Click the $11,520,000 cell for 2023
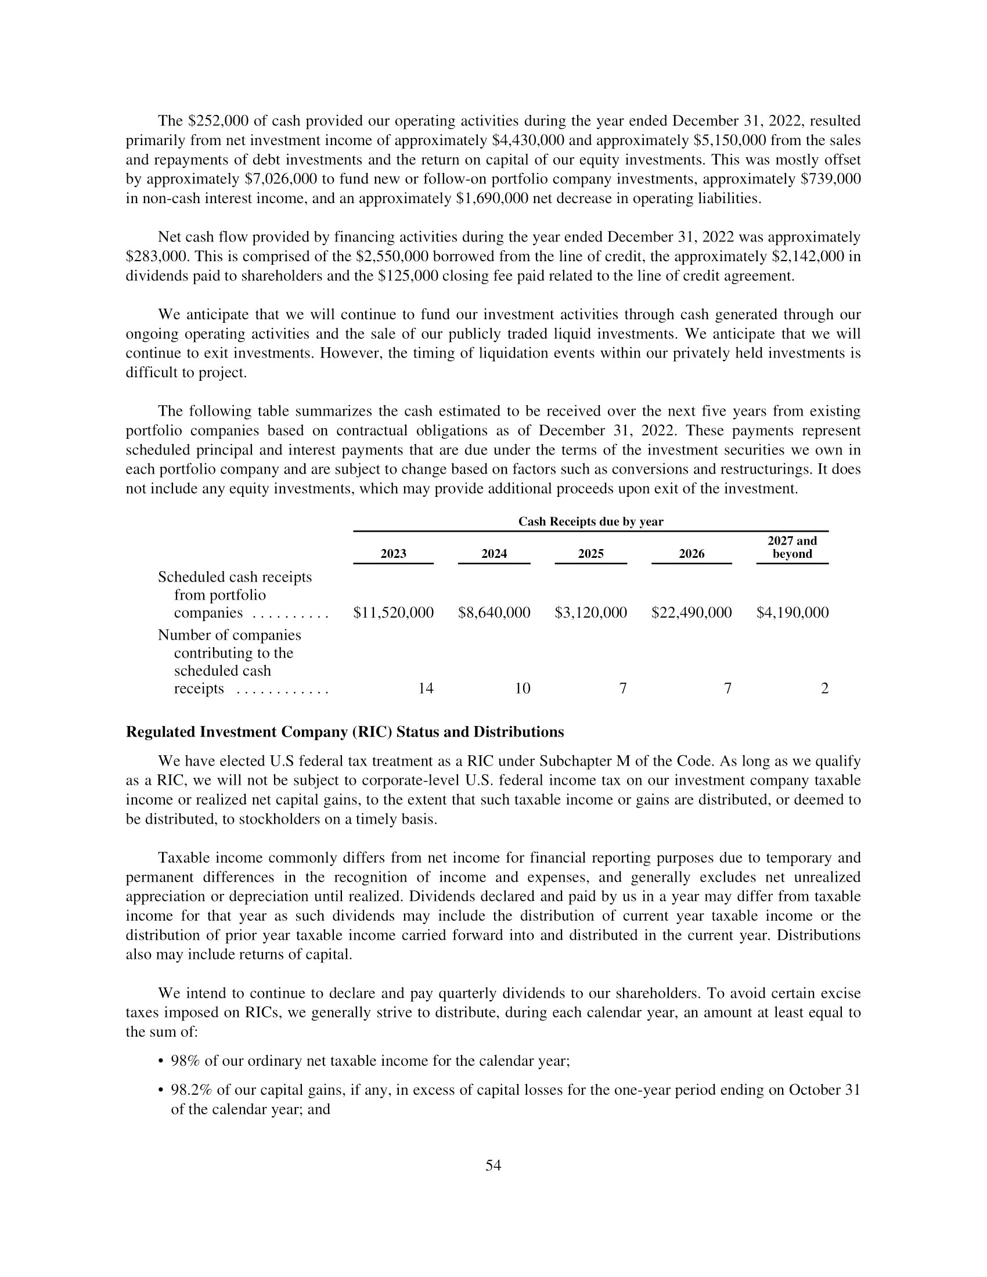point(394,613)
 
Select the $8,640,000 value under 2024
point(494,613)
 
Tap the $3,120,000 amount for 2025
point(590,613)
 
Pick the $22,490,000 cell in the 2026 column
point(691,613)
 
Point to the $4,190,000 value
point(793,613)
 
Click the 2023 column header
point(394,554)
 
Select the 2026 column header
point(691,554)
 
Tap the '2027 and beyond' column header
point(793,547)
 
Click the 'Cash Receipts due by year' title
point(590,522)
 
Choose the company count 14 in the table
point(426,689)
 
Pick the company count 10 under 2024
point(522,689)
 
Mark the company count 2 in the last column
point(824,689)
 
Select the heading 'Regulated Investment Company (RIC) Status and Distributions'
point(345,732)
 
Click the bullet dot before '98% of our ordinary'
point(161,1061)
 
